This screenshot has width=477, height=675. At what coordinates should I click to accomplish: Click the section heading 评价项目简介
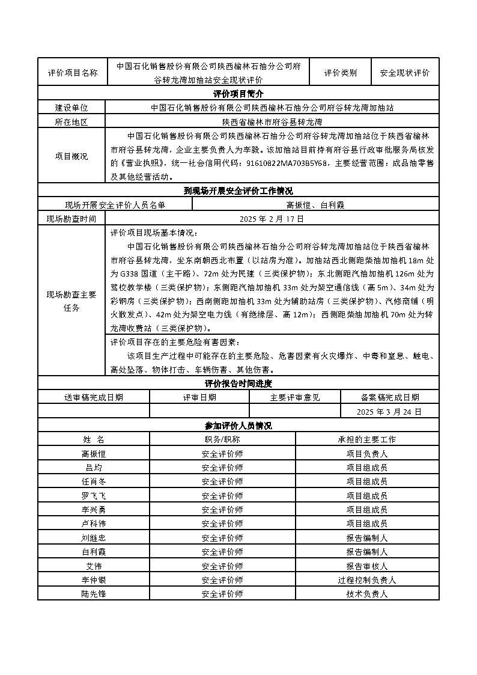(239, 94)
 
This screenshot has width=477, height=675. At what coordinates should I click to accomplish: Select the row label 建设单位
(71, 108)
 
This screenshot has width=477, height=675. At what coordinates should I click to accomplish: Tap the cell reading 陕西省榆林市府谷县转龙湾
(272, 122)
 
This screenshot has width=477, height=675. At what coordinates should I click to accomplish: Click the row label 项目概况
(71, 156)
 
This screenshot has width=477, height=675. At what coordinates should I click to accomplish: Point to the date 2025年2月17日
(272, 219)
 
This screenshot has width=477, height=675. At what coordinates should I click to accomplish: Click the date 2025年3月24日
(389, 412)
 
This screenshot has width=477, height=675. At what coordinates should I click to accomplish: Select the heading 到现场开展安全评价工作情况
(239, 191)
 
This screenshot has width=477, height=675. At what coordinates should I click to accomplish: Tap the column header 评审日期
(199, 397)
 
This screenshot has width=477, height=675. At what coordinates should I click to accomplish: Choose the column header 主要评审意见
(295, 397)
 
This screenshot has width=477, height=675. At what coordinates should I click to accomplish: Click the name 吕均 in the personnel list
(94, 467)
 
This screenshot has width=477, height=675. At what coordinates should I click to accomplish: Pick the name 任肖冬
(94, 481)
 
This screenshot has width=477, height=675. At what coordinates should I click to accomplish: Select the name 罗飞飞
(94, 495)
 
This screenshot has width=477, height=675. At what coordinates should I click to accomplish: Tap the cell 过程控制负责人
(367, 580)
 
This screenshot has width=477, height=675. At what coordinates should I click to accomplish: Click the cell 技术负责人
(367, 594)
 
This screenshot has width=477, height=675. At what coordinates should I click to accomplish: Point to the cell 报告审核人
(367, 566)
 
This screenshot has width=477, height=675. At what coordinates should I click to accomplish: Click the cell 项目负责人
(367, 453)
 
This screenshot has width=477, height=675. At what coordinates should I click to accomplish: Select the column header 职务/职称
(222, 439)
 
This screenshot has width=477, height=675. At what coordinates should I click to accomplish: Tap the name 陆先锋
(94, 594)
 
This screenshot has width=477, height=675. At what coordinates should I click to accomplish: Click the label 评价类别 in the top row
(341, 73)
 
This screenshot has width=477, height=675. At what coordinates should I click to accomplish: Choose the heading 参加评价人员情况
(239, 426)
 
